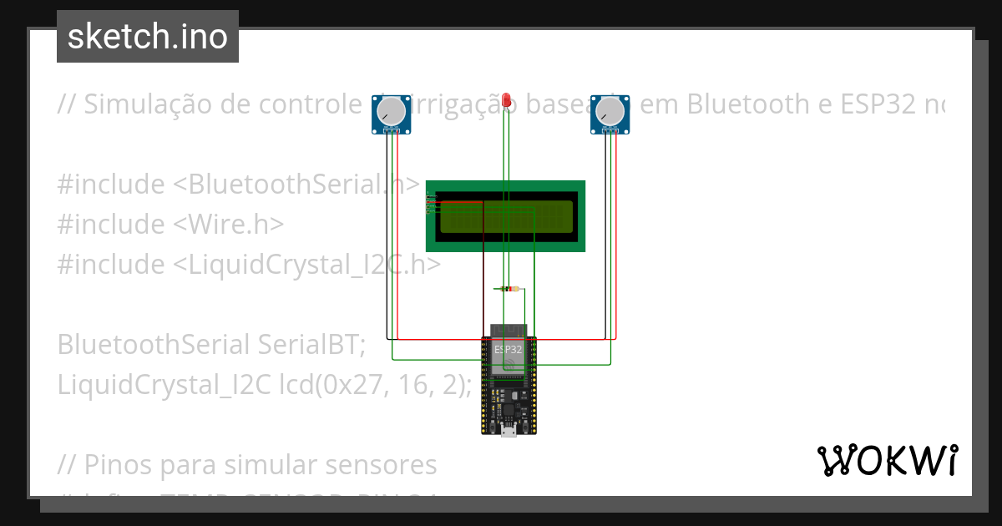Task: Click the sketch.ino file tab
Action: coord(148,37)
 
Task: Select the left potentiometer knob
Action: coord(391,111)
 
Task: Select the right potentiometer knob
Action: coord(610,111)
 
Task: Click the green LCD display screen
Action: coord(506,216)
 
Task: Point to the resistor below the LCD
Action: coord(507,289)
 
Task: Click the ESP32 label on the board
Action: coord(508,349)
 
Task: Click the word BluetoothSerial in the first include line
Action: coord(284,184)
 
